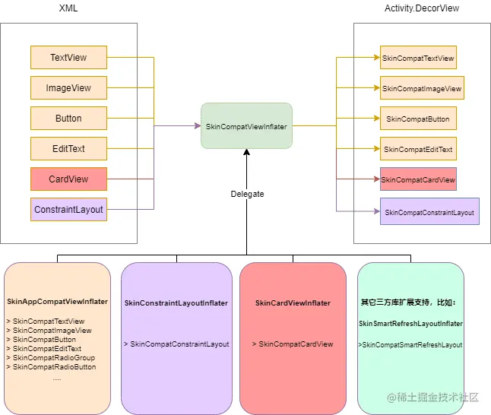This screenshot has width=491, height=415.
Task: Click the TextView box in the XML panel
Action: [68, 57]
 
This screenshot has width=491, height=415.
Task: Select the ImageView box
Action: [68, 87]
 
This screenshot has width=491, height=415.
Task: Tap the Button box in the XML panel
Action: [68, 118]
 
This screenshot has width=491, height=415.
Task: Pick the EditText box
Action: [68, 148]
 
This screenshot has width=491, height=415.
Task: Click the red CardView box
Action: [68, 179]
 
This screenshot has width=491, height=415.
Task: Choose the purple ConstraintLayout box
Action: [68, 209]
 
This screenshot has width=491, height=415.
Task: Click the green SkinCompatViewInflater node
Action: [246, 126]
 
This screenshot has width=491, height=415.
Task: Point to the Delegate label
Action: [247, 194]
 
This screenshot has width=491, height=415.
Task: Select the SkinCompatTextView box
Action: [418, 57]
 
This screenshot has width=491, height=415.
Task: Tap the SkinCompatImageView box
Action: [422, 87]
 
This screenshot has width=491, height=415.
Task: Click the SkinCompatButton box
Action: [418, 118]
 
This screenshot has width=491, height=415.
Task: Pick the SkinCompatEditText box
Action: [418, 148]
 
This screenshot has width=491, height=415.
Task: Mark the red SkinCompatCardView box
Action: [418, 179]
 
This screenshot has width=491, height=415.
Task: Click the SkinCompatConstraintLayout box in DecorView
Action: [429, 211]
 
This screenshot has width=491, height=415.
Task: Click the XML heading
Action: [68, 8]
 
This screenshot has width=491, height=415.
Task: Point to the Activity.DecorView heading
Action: [422, 8]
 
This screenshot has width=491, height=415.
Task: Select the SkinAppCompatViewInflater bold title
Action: [57, 301]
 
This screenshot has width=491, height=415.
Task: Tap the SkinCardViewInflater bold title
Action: [293, 303]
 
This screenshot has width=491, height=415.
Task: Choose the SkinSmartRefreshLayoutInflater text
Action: [410, 324]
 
